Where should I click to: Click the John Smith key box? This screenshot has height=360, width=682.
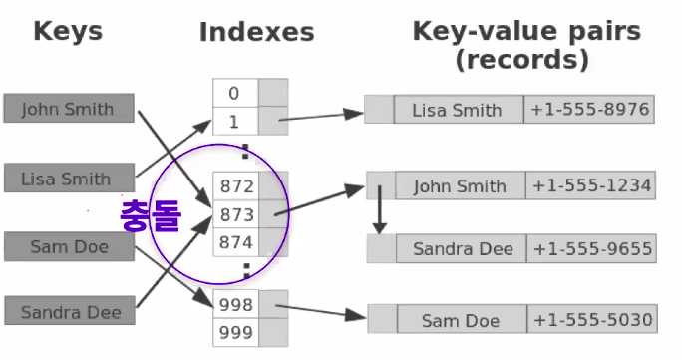pos(68,109)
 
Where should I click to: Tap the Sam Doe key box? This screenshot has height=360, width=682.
pos(68,245)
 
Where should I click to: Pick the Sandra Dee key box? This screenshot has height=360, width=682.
pos(68,312)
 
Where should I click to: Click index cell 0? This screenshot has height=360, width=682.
pos(234,93)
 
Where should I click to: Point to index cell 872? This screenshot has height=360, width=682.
pos(237,185)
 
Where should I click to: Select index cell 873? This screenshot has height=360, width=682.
pos(237,213)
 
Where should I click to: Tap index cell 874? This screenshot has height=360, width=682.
pos(237,241)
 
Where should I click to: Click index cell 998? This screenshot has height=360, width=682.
pos(237,304)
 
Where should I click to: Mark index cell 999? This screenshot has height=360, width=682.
pos(237,332)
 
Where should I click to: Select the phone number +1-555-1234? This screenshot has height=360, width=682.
pos(591,185)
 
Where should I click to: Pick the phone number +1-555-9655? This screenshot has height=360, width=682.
pos(591,249)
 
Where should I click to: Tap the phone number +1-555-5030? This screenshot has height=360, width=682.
pos(591,320)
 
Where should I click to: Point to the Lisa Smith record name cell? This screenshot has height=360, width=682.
pos(458,110)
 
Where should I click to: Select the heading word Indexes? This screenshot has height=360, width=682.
pos(256,32)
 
